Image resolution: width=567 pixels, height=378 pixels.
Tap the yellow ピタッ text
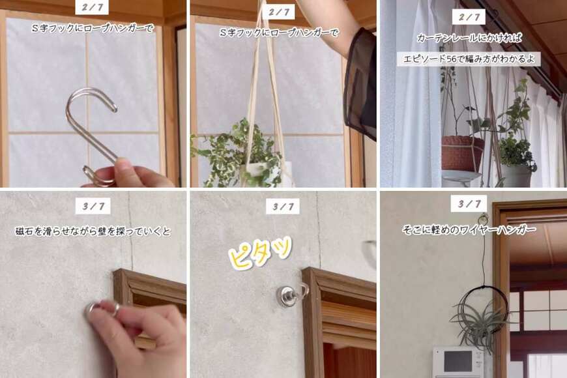(260, 253)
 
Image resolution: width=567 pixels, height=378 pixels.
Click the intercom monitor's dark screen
(458, 361)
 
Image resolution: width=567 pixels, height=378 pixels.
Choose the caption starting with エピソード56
(469, 59)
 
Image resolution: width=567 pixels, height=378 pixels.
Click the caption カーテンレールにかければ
(469, 38)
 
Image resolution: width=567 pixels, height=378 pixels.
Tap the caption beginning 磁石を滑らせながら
(93, 231)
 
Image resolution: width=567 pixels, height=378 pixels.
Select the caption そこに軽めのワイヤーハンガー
(469, 229)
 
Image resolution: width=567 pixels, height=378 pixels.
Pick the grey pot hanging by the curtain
(516, 175)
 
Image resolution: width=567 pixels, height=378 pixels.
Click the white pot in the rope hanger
(266, 173)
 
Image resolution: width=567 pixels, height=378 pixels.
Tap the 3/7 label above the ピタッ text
(282, 207)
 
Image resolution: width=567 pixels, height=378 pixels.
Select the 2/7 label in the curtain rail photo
(469, 17)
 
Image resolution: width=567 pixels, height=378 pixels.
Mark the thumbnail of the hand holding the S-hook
(93, 94)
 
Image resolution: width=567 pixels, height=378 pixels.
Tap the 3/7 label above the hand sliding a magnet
(93, 207)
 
